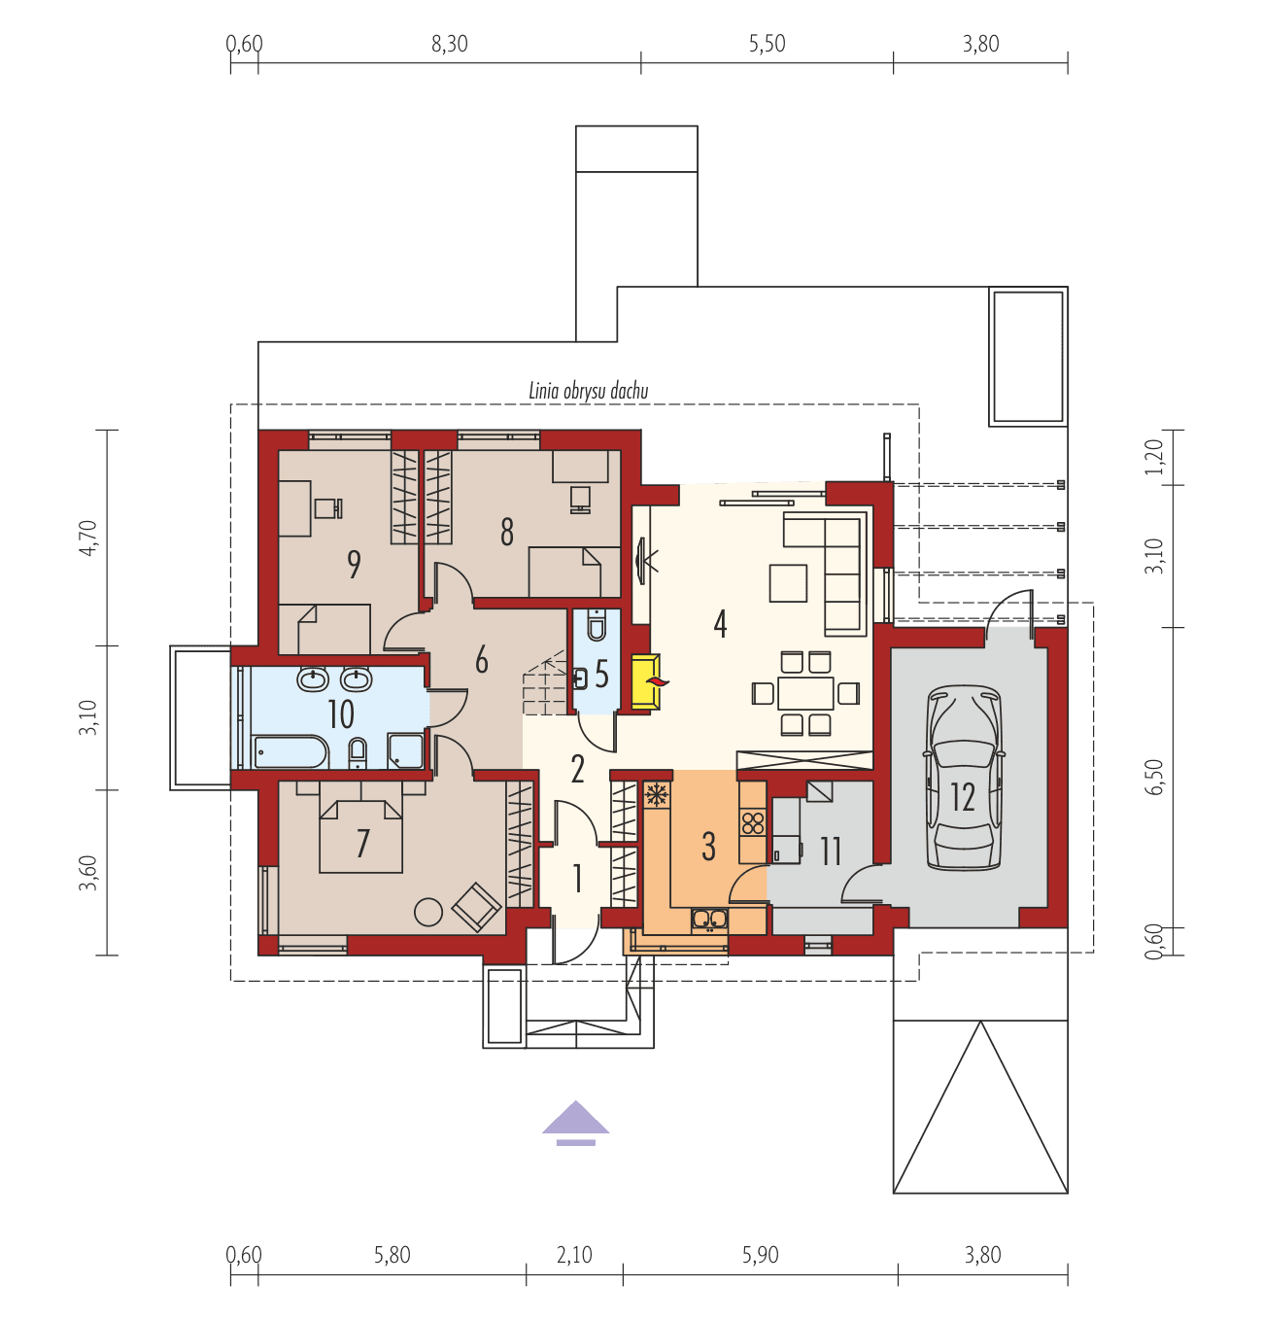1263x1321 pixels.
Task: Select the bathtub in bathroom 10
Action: click(290, 751)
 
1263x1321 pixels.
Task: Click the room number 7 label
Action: click(362, 843)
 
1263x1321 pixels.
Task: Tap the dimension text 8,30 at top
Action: click(449, 45)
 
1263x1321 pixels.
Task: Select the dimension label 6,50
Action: click(1154, 777)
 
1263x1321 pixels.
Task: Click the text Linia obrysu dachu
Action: click(588, 392)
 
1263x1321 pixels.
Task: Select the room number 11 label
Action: click(831, 852)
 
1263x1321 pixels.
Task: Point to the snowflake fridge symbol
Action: click(657, 794)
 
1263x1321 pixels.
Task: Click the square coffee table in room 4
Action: click(788, 583)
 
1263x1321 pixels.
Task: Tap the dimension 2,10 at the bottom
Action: click(574, 1255)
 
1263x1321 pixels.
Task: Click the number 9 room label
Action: click(354, 564)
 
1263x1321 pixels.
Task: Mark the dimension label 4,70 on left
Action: click(88, 538)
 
